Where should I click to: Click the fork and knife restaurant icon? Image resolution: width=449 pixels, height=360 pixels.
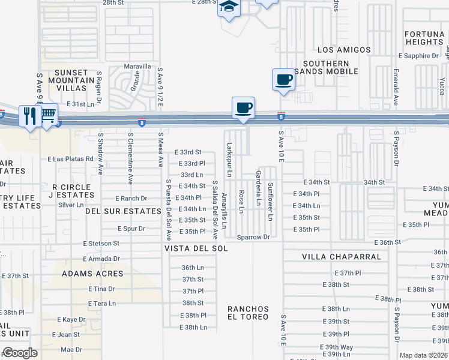[29, 115]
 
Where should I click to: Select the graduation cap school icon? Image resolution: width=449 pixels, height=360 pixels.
[229, 7]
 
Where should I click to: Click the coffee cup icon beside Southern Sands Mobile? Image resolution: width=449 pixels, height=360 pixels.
[283, 79]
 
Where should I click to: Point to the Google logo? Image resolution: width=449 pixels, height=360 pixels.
[19, 353]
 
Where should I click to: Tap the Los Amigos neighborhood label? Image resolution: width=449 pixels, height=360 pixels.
[341, 50]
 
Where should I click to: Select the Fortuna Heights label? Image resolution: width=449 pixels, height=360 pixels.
[424, 38]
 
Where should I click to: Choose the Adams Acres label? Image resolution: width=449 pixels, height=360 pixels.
[92, 274]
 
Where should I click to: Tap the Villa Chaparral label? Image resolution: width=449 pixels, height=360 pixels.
[341, 257]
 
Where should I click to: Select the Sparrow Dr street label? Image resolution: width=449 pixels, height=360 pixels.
[253, 237]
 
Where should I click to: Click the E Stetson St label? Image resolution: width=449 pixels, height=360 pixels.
[101, 244]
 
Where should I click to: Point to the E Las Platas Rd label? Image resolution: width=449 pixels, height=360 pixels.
[71, 159]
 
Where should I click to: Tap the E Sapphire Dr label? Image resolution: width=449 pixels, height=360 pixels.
[418, 56]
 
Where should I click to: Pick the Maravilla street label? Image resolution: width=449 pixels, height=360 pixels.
[137, 67]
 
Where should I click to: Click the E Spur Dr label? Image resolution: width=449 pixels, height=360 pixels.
[131, 229]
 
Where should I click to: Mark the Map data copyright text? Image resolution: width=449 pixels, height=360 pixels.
[424, 355]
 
